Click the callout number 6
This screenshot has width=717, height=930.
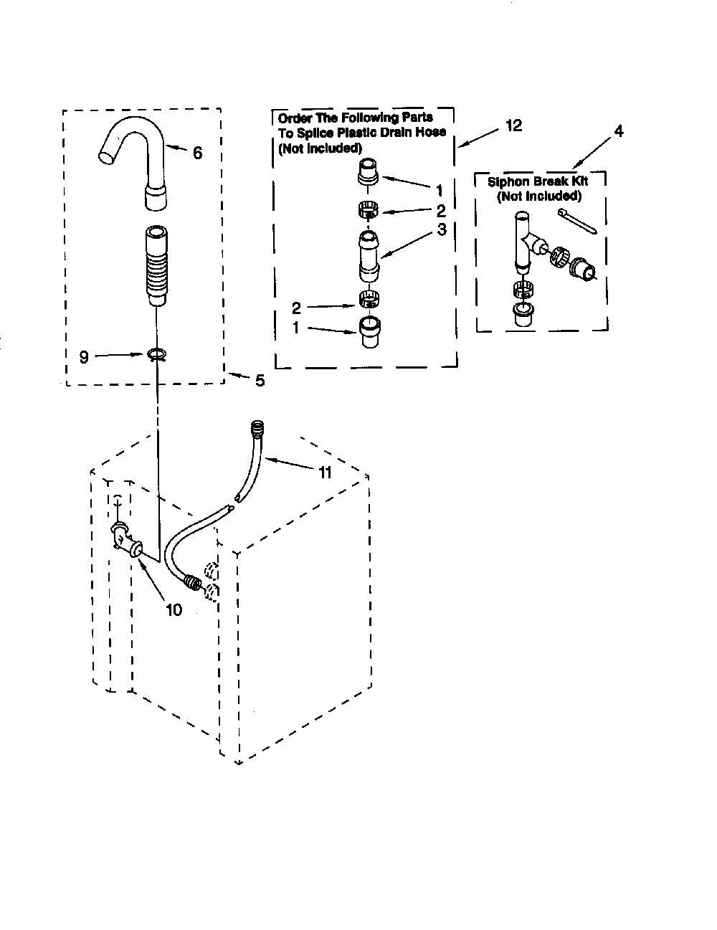pos(197,153)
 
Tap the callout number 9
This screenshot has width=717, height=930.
pos(84,356)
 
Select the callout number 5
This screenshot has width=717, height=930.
pos(260,380)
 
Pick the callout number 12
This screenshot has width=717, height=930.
pos(514,125)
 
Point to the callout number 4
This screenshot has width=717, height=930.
pos(619,131)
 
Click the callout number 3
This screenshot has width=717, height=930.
pos(442,229)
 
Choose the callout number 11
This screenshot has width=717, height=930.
pos(325,473)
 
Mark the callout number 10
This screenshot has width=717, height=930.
pos(174,609)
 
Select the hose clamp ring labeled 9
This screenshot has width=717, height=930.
pos(158,354)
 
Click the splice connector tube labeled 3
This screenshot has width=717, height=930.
pos(369,256)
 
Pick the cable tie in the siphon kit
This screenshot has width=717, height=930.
pos(576,222)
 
